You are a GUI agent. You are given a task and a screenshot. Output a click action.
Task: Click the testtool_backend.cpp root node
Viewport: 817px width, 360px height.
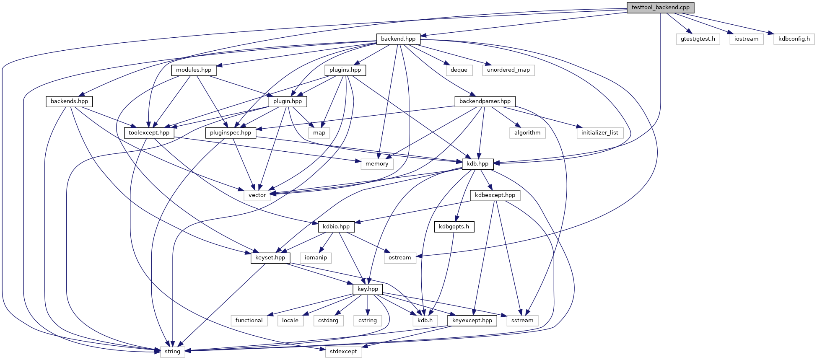pos(660,8)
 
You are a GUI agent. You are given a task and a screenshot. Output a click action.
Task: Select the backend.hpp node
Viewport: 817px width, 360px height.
pos(398,39)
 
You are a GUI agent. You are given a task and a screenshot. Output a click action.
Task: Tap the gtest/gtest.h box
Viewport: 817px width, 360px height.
pos(698,39)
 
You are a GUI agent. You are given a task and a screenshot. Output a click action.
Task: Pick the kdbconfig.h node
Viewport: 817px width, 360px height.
pos(794,39)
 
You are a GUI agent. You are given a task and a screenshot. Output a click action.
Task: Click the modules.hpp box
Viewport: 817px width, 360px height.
pos(194,70)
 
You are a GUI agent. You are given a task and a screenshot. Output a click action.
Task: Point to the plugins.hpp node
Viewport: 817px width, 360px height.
pos(345,70)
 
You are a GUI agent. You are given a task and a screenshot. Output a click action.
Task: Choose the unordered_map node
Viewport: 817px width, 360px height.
pos(508,70)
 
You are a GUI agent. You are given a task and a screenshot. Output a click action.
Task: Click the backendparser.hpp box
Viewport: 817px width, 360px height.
pos(485,101)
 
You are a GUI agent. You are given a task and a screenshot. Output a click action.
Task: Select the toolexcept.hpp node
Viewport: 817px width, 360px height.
pos(149,133)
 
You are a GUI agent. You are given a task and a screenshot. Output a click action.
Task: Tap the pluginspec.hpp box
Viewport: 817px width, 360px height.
pos(231,133)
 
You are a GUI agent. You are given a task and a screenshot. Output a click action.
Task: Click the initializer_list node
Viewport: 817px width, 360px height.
pos(600,133)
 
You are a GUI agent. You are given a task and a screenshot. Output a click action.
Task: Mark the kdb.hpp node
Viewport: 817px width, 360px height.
pos(477,164)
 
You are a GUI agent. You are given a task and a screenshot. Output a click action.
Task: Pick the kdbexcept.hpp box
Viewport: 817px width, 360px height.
pos(495,195)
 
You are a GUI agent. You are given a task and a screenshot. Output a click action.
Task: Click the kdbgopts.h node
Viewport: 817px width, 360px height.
pos(454,227)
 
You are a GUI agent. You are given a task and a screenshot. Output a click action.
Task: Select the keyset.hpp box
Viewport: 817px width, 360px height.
pos(270,258)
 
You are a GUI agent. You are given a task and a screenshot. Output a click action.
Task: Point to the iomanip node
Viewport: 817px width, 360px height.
pos(316,258)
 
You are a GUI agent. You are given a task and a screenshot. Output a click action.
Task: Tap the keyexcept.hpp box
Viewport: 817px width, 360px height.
pos(472,321)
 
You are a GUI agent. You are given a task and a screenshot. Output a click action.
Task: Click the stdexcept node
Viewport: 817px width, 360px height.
pos(343,352)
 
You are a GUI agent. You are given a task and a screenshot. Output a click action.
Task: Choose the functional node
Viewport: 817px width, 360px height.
pos(249,321)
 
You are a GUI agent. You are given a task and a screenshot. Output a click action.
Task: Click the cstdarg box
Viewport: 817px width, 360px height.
pos(328,321)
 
